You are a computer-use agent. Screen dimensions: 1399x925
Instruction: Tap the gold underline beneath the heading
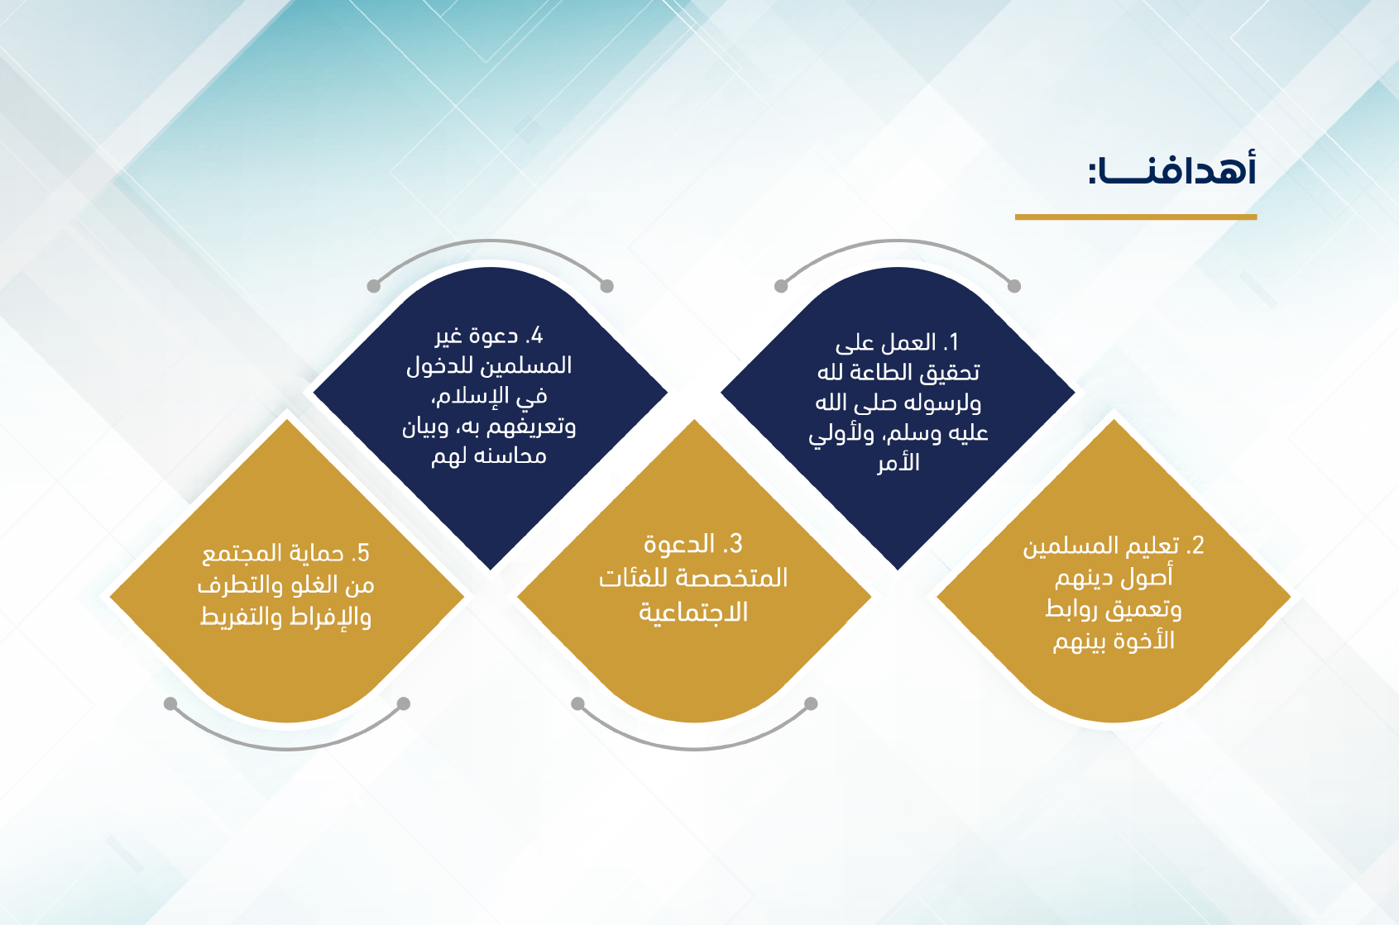tap(1135, 217)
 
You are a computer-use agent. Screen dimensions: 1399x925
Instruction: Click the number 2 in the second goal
tap(1195, 546)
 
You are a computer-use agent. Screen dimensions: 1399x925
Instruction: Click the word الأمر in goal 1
tap(898, 463)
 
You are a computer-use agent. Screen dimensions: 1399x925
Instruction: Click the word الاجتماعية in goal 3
tap(693, 613)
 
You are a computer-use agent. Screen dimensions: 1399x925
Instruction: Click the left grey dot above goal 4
tap(373, 286)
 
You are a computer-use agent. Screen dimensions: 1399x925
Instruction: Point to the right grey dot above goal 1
tap(1014, 286)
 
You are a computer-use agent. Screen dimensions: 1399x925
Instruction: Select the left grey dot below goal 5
tap(170, 704)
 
